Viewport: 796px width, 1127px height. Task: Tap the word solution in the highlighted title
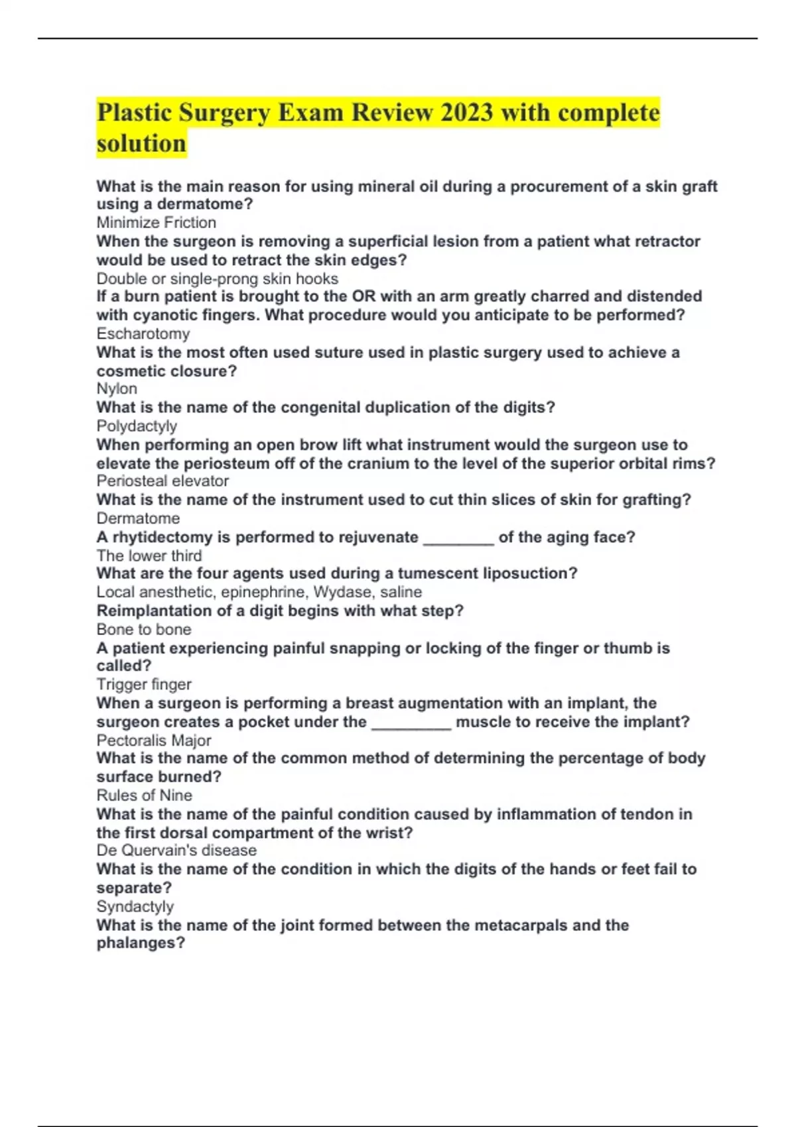click(x=141, y=143)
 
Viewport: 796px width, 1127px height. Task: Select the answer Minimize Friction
click(x=156, y=223)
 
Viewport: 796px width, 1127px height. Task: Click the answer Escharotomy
click(x=143, y=333)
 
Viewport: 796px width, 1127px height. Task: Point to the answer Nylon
click(x=117, y=388)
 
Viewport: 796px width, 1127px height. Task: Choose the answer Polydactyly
click(x=137, y=426)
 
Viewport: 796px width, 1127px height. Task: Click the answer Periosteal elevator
click(x=163, y=481)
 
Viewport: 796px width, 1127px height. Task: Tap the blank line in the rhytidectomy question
click(x=458, y=538)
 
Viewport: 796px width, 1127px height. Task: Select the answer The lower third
click(x=149, y=556)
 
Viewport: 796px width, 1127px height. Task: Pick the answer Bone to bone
click(x=144, y=629)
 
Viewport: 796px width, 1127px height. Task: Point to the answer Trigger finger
click(x=144, y=684)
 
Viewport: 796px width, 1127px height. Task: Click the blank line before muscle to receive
click(x=411, y=723)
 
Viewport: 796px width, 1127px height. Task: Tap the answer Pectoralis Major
click(x=154, y=741)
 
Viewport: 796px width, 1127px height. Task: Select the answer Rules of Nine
click(x=144, y=796)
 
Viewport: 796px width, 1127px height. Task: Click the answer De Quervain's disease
click(x=176, y=851)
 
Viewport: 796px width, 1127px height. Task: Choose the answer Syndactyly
click(x=135, y=906)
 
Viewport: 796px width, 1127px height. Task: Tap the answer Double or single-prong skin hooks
click(x=217, y=278)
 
